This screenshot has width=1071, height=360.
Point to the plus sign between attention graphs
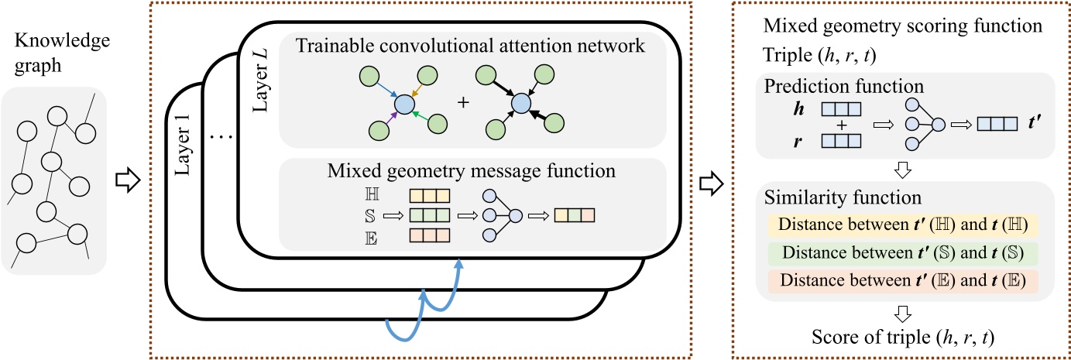465,104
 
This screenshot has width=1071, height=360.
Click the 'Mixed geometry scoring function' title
901,24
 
